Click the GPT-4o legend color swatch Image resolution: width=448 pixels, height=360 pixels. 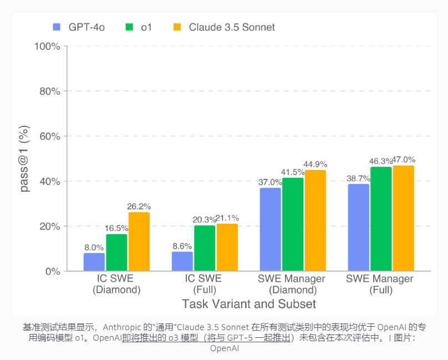pyautogui.click(x=56, y=27)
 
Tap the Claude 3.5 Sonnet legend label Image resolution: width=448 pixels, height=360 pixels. pyautogui.click(x=231, y=27)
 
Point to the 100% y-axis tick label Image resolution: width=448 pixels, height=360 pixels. pyautogui.click(x=47, y=46)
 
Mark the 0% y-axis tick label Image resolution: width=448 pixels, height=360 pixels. pyautogui.click(x=52, y=271)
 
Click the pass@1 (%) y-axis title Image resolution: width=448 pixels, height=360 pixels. pyautogui.click(x=24, y=159)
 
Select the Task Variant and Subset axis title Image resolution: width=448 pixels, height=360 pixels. pyautogui.click(x=249, y=304)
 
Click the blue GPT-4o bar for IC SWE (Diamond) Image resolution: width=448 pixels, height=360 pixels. pyautogui.click(x=94, y=262)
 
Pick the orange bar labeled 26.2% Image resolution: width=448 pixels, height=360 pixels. pyautogui.click(x=139, y=241)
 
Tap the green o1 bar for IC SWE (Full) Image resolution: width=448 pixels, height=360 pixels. pyautogui.click(x=205, y=248)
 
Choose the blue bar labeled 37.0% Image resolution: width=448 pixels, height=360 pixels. pyautogui.click(x=270, y=229)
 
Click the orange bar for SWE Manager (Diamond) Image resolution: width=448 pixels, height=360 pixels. pyautogui.click(x=315, y=220)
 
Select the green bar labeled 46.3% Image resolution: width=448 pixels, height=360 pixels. pyautogui.click(x=381, y=219)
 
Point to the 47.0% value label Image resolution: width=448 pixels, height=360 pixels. pyautogui.click(x=403, y=160)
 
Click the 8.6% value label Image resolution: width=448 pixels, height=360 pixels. pyautogui.click(x=182, y=246)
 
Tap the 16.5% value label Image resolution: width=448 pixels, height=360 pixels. pyautogui.click(x=116, y=228)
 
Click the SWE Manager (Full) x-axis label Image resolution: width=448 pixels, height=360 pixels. pyautogui.click(x=379, y=284)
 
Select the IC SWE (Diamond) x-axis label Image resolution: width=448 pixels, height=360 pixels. pyautogui.click(x=116, y=284)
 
